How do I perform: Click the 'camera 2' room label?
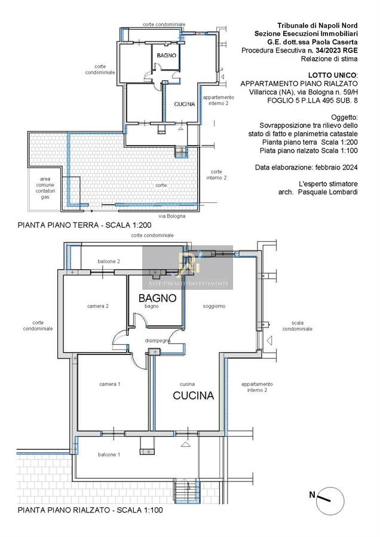pyautogui.click(x=98, y=306)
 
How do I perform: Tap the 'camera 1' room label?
pyautogui.click(x=110, y=384)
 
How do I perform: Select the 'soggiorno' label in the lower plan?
pyautogui.click(x=214, y=306)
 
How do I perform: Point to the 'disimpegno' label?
pyautogui.click(x=158, y=341)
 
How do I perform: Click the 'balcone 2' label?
pyautogui.click(x=109, y=262)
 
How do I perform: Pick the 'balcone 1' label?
pyautogui.click(x=109, y=455)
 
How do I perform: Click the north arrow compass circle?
pyautogui.click(x=330, y=501)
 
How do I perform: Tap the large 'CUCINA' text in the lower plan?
pyautogui.click(x=194, y=396)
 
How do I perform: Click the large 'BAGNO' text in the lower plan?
pyautogui.click(x=157, y=298)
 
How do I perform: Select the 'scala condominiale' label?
pyautogui.click(x=298, y=326)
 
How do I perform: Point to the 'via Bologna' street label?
pyautogui.click(x=172, y=216)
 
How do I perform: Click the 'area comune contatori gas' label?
pyautogui.click(x=45, y=188)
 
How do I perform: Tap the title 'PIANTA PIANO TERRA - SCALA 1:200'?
pyautogui.click(x=84, y=226)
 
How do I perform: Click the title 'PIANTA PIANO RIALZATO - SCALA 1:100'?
pyautogui.click(x=90, y=510)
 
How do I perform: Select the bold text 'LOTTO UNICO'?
pyautogui.click(x=332, y=75)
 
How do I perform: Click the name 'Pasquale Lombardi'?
pyautogui.click(x=327, y=192)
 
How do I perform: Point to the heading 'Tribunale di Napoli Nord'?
pyautogui.click(x=317, y=25)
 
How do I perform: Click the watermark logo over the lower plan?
pyautogui.click(x=188, y=267)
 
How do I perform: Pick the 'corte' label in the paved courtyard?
pyautogui.click(x=161, y=186)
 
